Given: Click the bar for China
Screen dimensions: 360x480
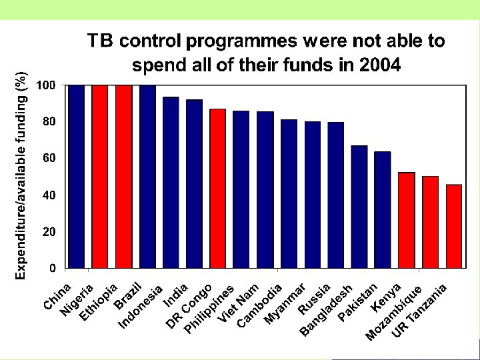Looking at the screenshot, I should tap(76, 177).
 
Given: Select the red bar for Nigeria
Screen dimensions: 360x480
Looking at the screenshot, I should tap(100, 177).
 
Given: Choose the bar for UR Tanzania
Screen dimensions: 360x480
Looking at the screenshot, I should tap(454, 227).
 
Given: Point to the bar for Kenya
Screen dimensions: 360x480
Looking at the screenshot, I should tap(407, 220).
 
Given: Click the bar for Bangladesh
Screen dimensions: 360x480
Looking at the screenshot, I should tap(336, 195).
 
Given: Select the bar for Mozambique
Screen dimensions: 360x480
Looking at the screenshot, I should tap(430, 222).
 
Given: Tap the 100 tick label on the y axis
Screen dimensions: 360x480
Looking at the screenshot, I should tap(46, 85).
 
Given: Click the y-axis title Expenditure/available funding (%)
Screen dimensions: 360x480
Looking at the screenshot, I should tap(21, 175).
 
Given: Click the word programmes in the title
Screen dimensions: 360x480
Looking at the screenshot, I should tap(243, 41).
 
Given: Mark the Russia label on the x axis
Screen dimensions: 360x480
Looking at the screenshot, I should tap(315, 299).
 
